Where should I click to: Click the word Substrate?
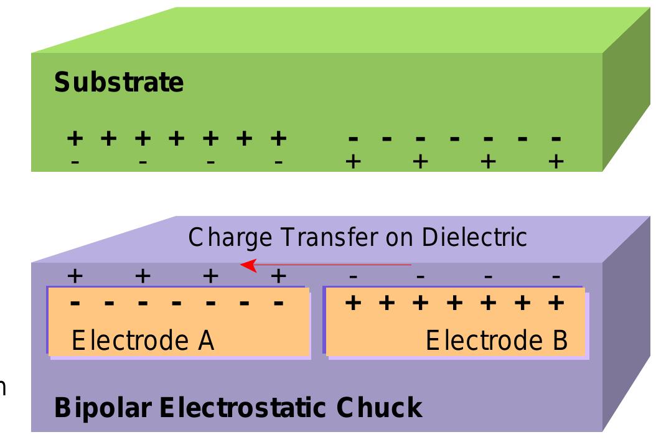pyautogui.click(x=119, y=83)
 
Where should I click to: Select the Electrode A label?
pyautogui.click(x=144, y=341)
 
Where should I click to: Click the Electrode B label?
pyautogui.click(x=496, y=341)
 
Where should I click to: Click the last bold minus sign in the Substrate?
pyautogui.click(x=556, y=138)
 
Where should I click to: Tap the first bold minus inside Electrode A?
pyautogui.click(x=75, y=304)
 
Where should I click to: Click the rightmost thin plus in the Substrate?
pyautogui.click(x=556, y=161)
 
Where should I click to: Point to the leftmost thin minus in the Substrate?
pyautogui.click(x=75, y=161)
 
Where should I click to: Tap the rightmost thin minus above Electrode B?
pyautogui.click(x=556, y=276)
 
